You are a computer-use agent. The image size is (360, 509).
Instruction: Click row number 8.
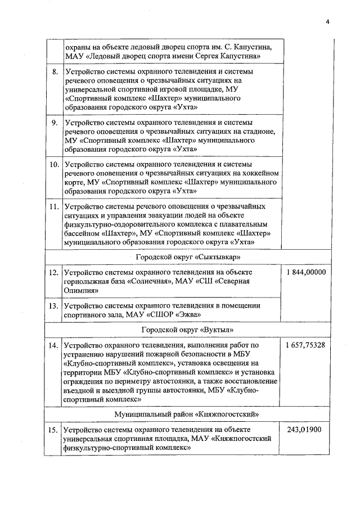coord(55,73)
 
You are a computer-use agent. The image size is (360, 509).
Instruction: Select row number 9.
coord(55,122)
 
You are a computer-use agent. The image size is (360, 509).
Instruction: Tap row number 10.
coord(55,165)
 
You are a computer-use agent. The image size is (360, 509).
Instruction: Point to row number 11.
coord(55,206)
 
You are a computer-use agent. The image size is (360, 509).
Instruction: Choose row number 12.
coord(54,272)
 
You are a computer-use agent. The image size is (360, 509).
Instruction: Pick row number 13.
coord(54,306)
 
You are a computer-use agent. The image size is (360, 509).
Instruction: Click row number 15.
coord(54,430)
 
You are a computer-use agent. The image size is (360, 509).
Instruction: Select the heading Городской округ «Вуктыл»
coord(188,329)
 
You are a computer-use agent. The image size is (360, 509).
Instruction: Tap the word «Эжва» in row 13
coord(189,315)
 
